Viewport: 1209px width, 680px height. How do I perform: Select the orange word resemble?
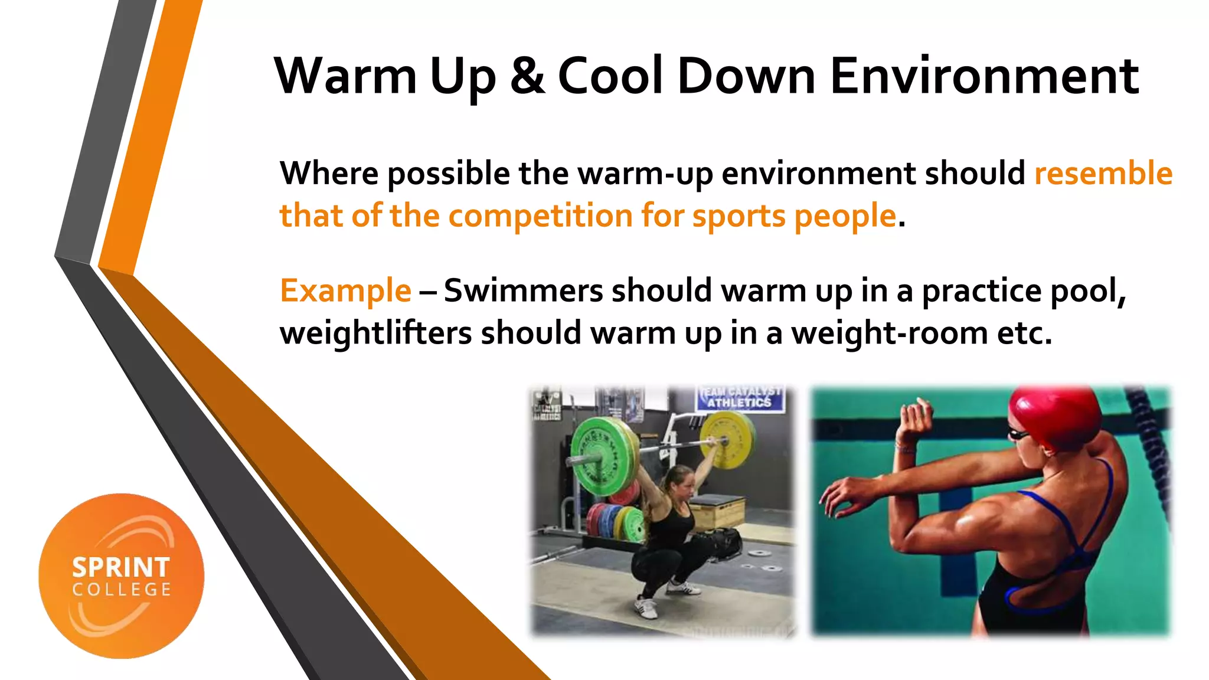pyautogui.click(x=1103, y=174)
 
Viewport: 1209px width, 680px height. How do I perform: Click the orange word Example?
pyautogui.click(x=345, y=291)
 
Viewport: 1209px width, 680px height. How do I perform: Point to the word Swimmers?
pyautogui.click(x=523, y=291)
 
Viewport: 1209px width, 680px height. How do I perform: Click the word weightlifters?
pyautogui.click(x=375, y=333)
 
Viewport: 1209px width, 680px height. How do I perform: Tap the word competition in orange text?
pyautogui.click(x=540, y=215)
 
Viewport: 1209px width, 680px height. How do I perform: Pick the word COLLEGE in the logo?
pyautogui.click(x=122, y=590)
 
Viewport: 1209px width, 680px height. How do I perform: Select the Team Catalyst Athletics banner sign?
pyautogui.click(x=740, y=398)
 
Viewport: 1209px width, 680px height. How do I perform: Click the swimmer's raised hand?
pyautogui.click(x=914, y=420)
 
